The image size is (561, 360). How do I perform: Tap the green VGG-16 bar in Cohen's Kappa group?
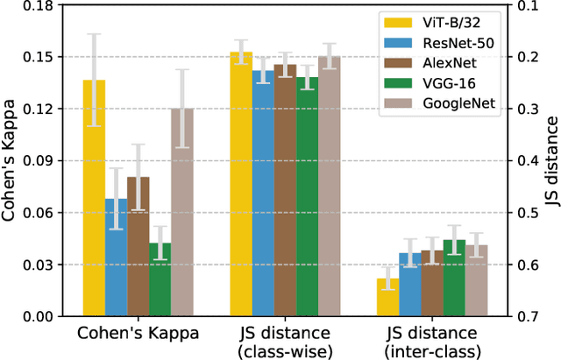160,279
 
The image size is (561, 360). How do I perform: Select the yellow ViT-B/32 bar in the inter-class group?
388,298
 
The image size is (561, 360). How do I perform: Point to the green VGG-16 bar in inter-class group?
454,278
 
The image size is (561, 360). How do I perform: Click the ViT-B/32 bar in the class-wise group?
241,183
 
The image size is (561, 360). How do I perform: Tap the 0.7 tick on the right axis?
523,316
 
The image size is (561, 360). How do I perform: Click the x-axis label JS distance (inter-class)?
433,342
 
